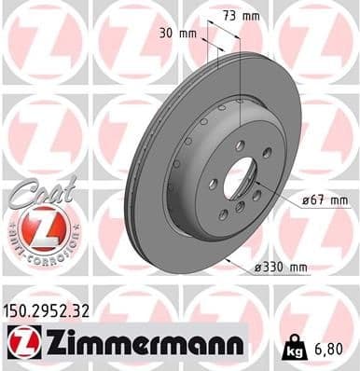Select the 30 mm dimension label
pos(183,34)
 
